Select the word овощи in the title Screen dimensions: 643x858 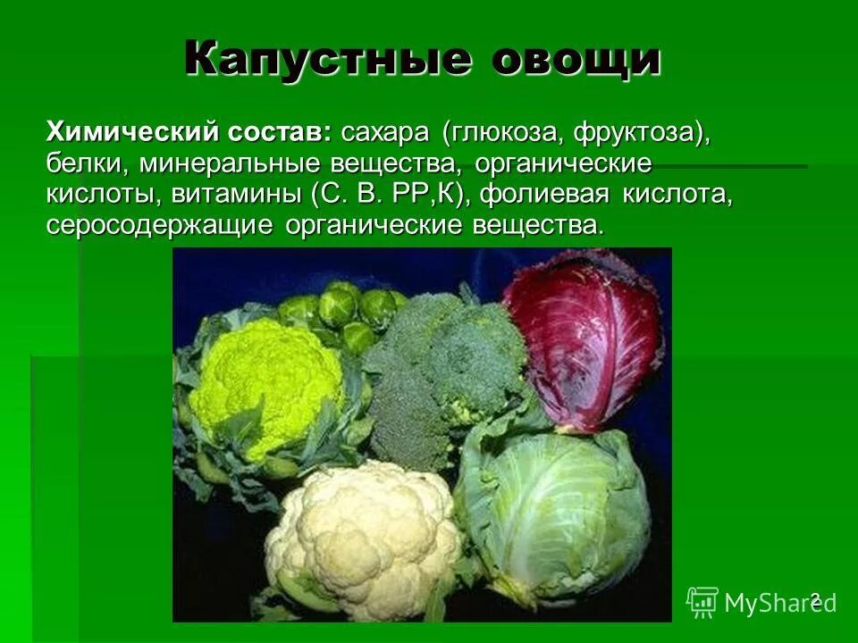(x=576, y=59)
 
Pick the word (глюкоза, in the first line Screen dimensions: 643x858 (x=501, y=134)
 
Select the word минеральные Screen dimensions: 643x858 (x=219, y=164)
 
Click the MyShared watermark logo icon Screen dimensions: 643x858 (x=702, y=602)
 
